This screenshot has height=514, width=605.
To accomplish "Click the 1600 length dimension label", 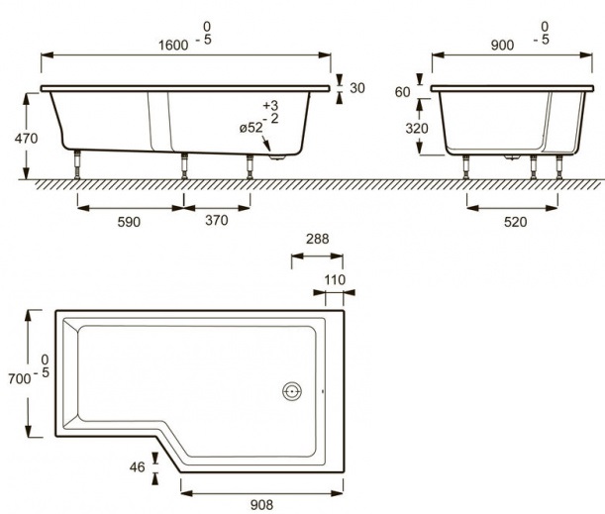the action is [173, 46].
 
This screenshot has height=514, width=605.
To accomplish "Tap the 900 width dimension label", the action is [502, 46].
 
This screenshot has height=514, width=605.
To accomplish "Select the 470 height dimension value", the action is [26, 138].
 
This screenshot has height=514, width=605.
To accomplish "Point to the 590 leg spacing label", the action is [129, 222].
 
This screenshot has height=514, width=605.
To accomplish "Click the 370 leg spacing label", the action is [217, 220].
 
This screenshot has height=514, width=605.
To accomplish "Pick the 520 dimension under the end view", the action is [515, 222].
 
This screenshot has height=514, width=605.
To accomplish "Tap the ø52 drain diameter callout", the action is [251, 128].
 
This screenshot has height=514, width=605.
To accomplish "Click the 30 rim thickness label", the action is [357, 88].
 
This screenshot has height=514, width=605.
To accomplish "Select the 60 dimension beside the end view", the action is [402, 92].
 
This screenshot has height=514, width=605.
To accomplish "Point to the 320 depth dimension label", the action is [417, 128].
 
